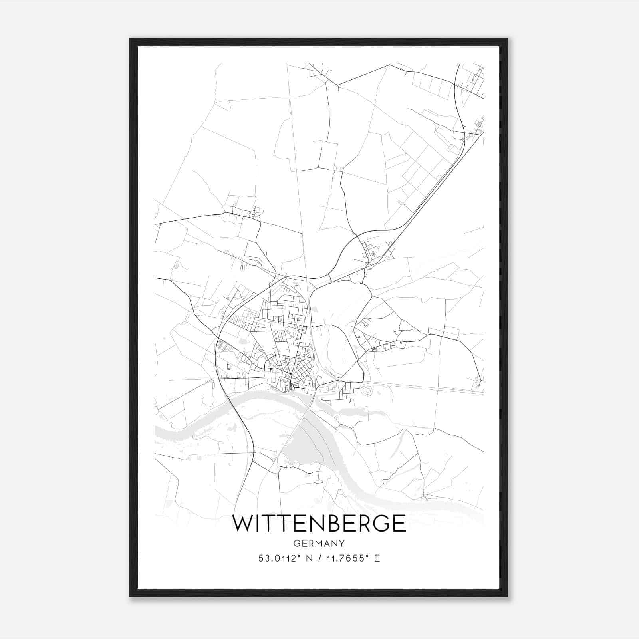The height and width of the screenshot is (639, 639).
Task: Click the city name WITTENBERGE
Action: pos(319,524)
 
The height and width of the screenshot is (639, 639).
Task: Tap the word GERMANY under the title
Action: pos(319,544)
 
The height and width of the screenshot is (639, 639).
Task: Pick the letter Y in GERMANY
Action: pos(342,544)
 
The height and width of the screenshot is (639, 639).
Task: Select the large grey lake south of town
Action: pos(304,447)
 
